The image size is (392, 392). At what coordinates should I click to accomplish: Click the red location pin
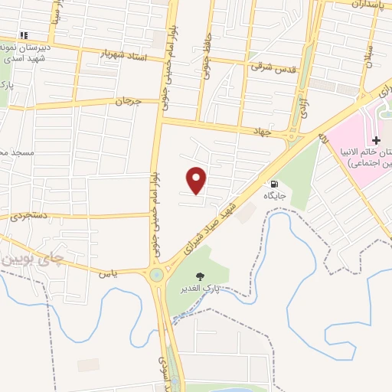198,179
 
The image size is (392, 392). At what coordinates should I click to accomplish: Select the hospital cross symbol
376,140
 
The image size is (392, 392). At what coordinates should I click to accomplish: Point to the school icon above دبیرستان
24,35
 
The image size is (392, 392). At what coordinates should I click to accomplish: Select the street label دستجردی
30,216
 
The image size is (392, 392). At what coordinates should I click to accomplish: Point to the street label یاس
109,273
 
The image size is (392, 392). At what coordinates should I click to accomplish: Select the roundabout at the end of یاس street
156,273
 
